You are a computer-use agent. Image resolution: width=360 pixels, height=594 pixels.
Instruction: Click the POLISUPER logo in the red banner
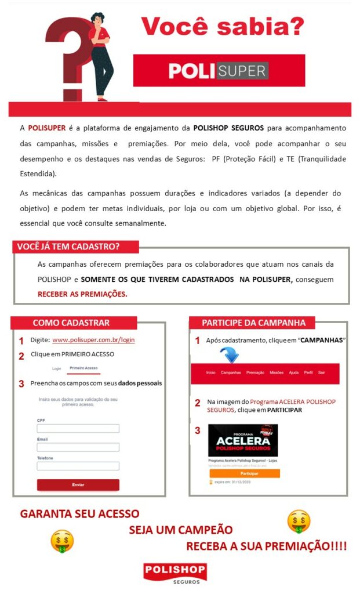[x=219, y=71]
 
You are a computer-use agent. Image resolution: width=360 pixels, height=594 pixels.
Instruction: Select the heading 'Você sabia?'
[x=223, y=26]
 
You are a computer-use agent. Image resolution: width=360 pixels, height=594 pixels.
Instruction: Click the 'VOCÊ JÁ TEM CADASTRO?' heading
[x=68, y=247]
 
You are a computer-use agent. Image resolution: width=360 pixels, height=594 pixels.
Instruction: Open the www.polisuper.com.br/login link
[x=93, y=340]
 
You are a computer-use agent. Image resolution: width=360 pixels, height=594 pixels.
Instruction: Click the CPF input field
[x=78, y=428]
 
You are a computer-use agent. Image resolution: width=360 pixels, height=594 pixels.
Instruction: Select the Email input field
[x=78, y=447]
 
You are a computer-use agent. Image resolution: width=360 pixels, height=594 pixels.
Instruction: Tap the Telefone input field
[x=78, y=466]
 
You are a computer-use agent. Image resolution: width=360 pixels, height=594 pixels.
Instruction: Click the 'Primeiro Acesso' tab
[x=83, y=368]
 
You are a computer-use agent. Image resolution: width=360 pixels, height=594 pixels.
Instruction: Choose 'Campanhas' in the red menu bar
[x=231, y=372]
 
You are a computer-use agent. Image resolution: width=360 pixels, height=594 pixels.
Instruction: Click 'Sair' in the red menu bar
[x=321, y=372]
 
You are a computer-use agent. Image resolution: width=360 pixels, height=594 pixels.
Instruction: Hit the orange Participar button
[x=244, y=473]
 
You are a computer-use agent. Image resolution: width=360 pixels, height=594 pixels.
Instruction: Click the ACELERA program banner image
[x=243, y=440]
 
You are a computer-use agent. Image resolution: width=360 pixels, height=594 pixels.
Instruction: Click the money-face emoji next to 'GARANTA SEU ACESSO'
[x=62, y=541]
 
